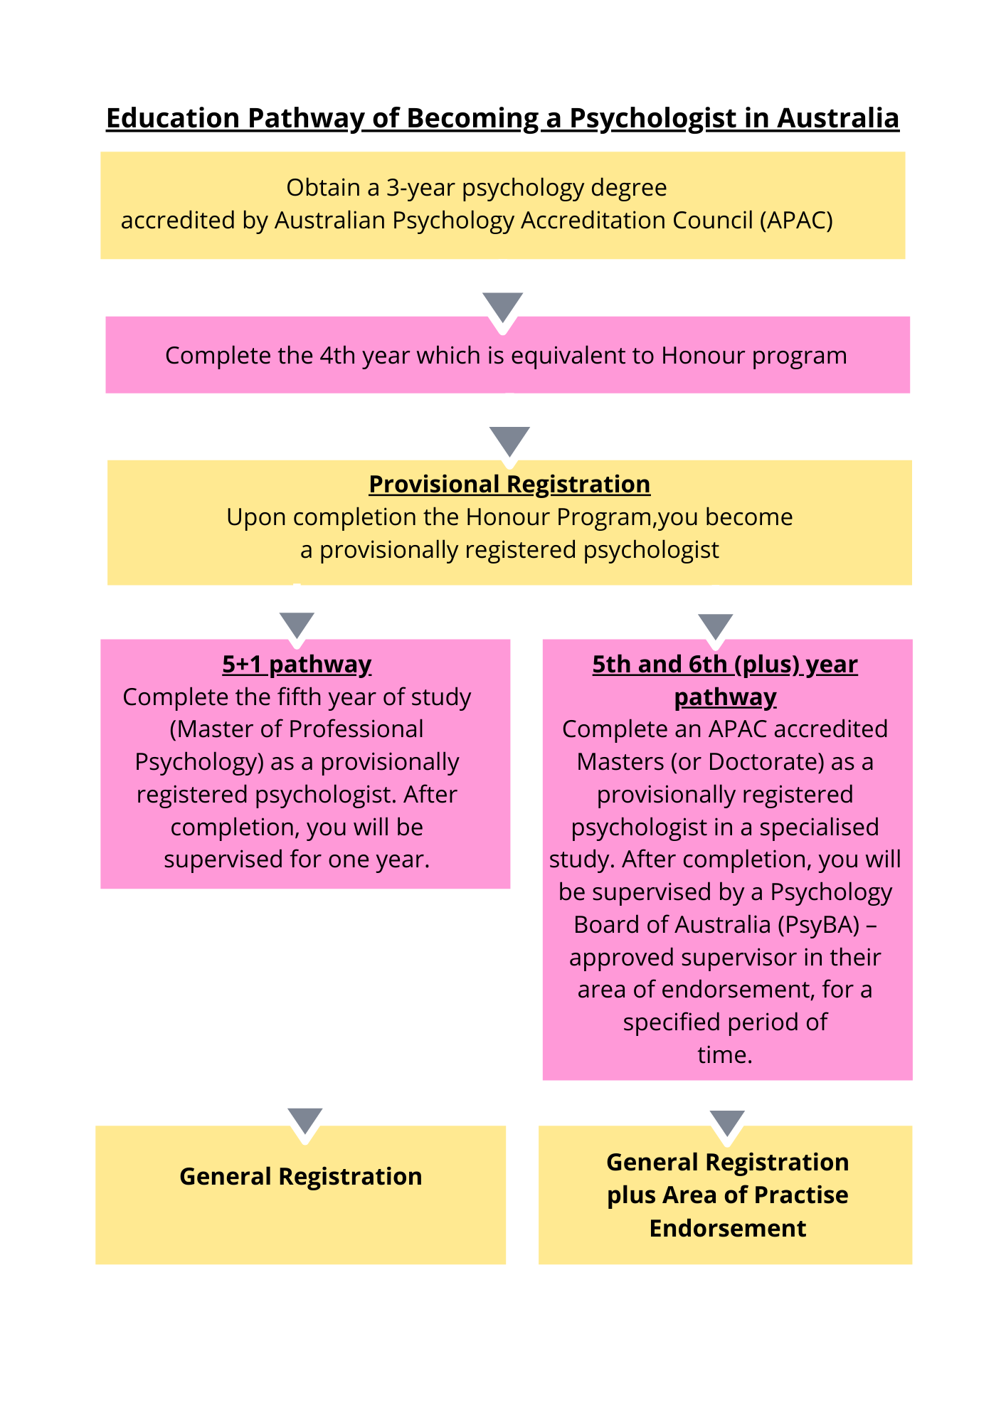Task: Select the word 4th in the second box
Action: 337,355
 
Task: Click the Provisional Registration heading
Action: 509,485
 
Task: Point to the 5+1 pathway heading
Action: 297,665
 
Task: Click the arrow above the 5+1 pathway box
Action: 297,625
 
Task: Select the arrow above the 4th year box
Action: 502,306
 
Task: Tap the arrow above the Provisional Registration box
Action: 509,440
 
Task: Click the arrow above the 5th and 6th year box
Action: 715,626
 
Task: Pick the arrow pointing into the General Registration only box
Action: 305,1120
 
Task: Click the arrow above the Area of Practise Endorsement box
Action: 727,1122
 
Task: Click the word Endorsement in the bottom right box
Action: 727,1229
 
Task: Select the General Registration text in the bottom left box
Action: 300,1177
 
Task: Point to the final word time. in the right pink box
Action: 724,1055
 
